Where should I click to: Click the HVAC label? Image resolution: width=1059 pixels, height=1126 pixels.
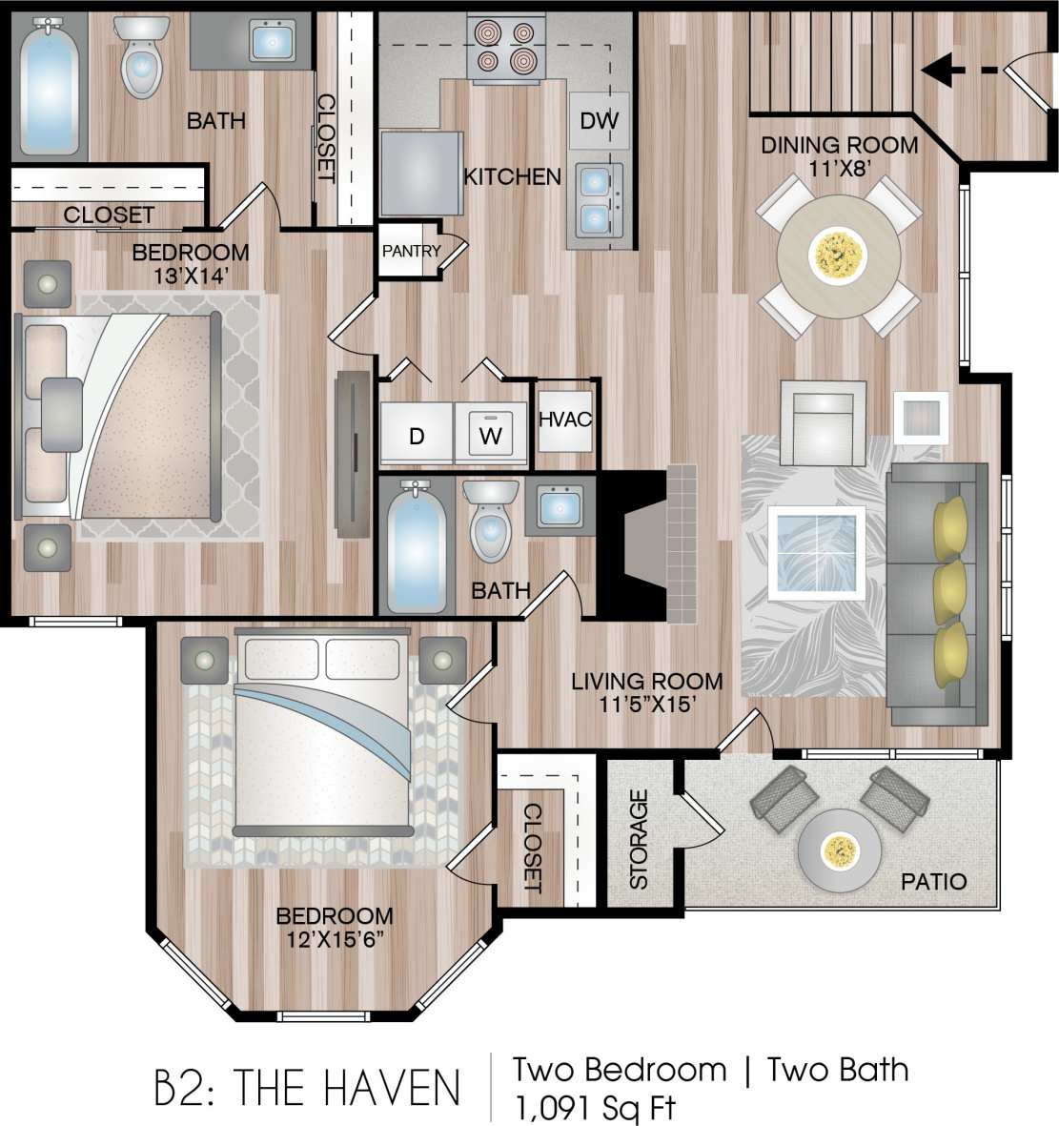pos(565,420)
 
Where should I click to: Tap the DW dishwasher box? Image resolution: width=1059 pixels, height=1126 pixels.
pos(599,120)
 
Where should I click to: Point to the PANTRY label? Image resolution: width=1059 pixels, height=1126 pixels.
pos(411,252)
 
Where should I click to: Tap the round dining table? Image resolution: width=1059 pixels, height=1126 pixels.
pos(839,255)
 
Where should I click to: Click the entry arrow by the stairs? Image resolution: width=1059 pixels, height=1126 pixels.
pos(958,70)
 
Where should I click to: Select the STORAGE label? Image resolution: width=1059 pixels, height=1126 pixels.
pos(639,839)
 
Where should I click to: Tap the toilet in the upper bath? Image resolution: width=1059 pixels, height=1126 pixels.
pos(141,59)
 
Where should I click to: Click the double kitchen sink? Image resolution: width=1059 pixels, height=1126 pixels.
pos(596,199)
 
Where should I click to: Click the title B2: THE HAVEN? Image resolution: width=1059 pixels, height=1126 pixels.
pos(308,1088)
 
